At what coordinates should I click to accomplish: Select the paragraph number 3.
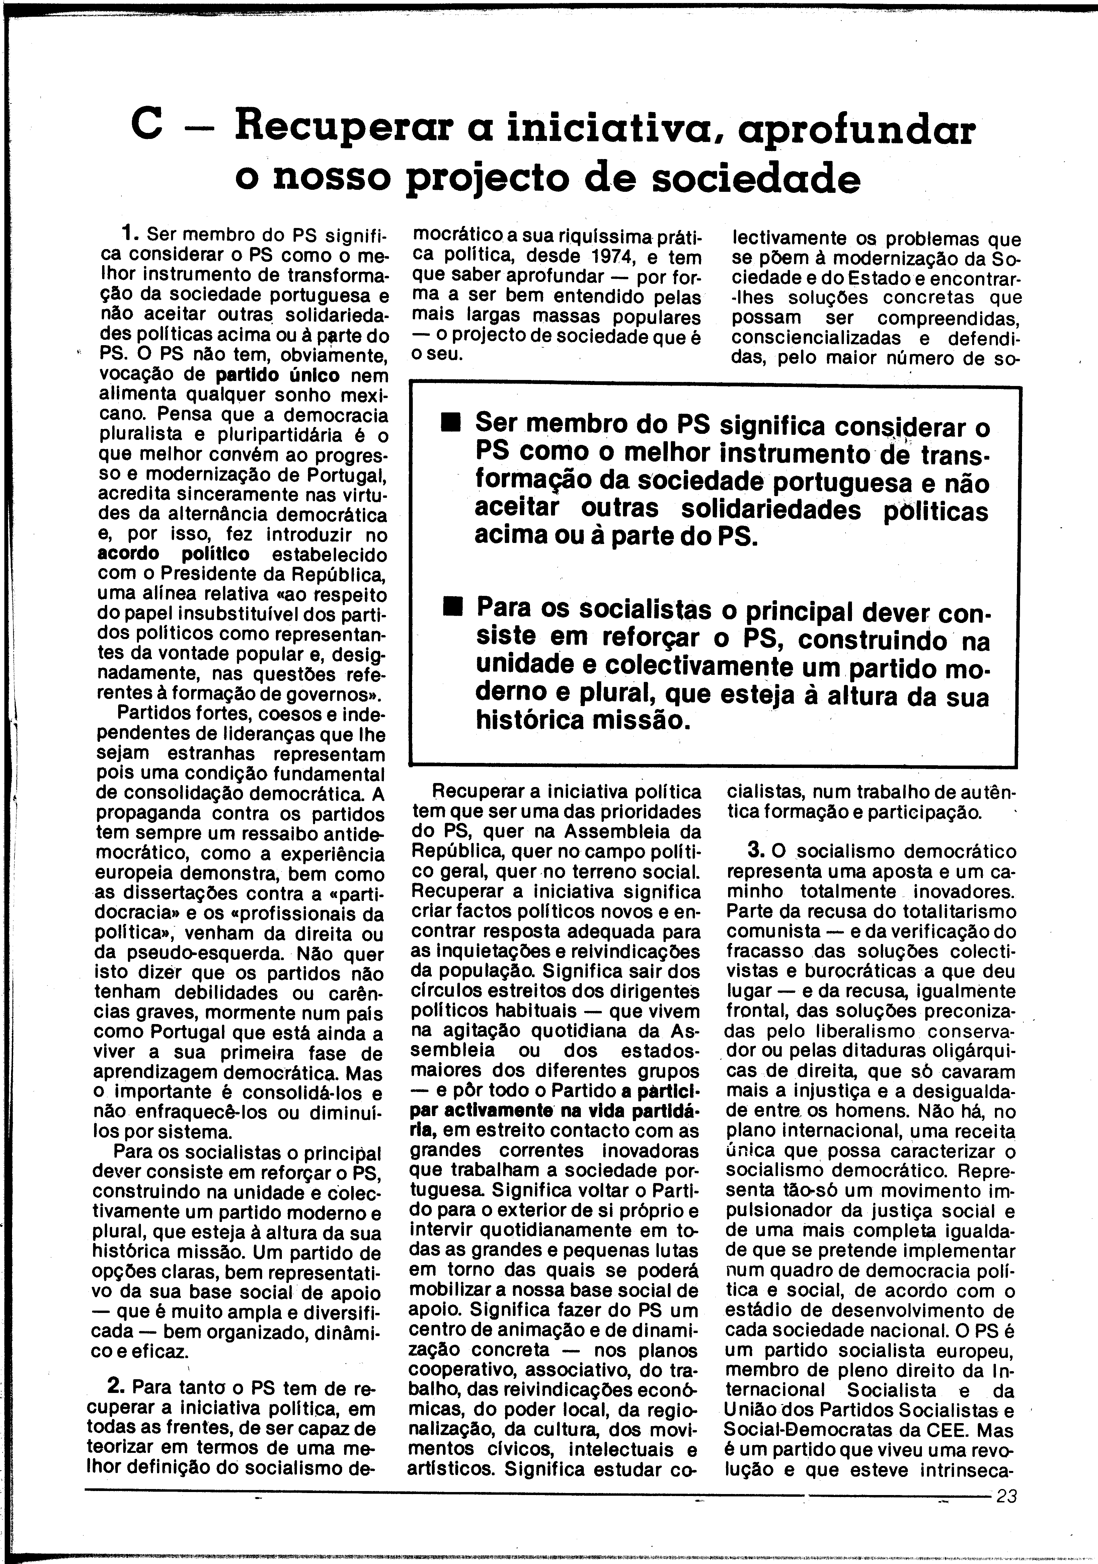pos(753,850)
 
